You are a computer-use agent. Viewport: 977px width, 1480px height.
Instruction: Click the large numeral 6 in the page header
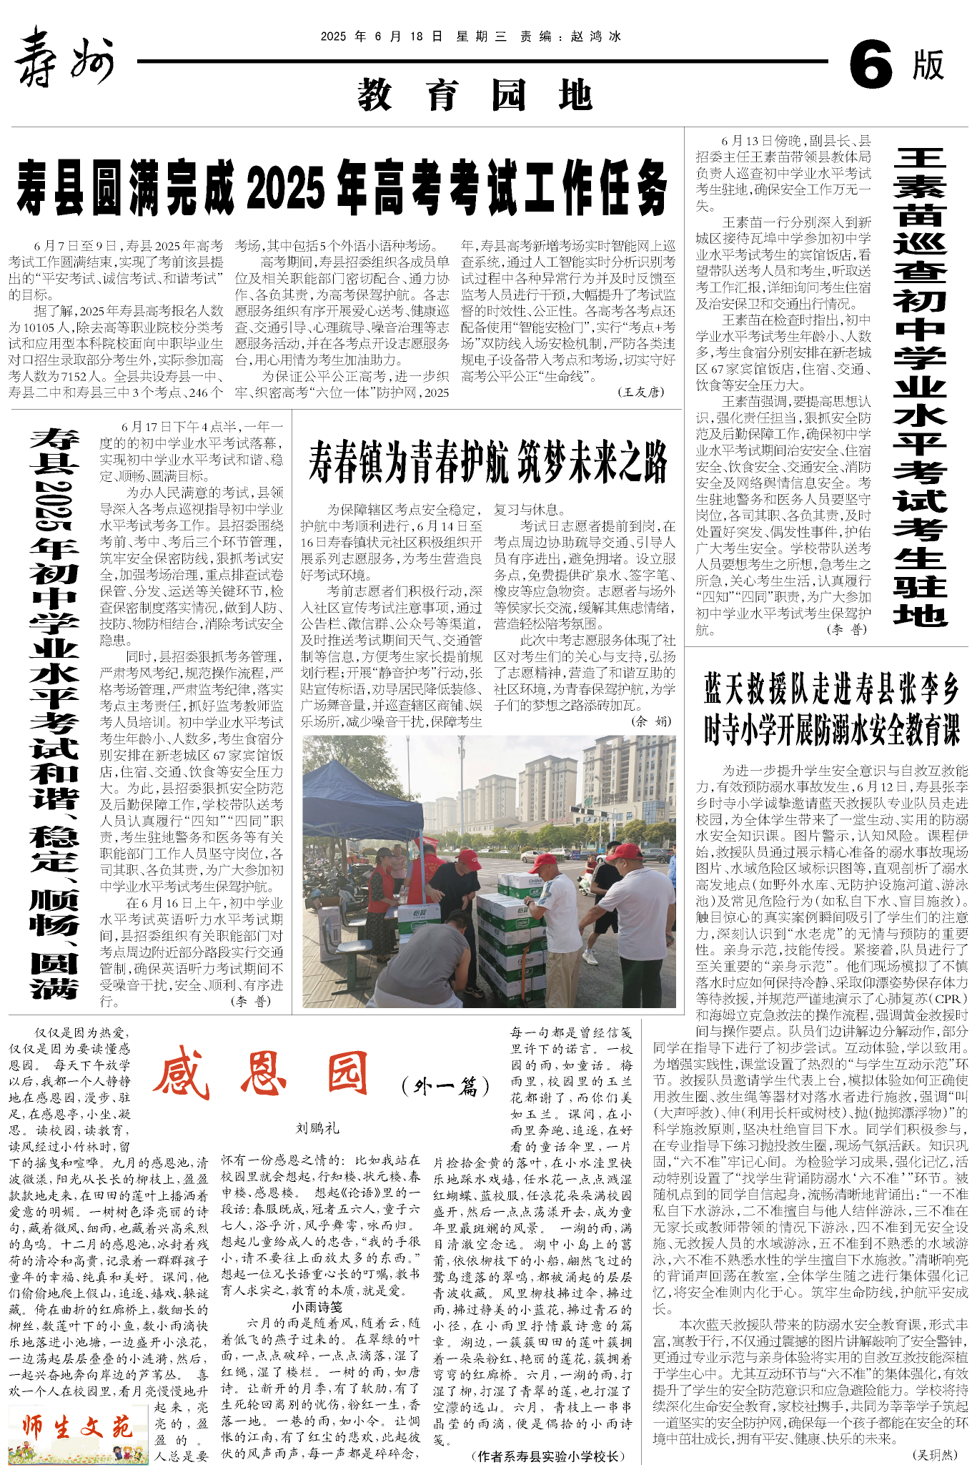(871, 64)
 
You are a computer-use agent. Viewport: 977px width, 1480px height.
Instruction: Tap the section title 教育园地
(475, 96)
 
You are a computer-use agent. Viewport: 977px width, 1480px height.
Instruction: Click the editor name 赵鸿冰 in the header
(596, 36)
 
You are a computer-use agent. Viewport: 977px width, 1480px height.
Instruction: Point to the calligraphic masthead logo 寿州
(64, 57)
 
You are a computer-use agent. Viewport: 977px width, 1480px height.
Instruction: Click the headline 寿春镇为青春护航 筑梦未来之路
(488, 462)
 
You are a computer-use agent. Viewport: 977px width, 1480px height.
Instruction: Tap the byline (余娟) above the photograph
(651, 721)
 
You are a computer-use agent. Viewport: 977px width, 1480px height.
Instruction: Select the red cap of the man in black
(470, 857)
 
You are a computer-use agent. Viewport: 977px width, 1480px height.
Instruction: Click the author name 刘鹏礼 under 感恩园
(317, 1128)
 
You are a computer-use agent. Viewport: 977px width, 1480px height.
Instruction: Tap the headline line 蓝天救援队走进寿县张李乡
(831, 689)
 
